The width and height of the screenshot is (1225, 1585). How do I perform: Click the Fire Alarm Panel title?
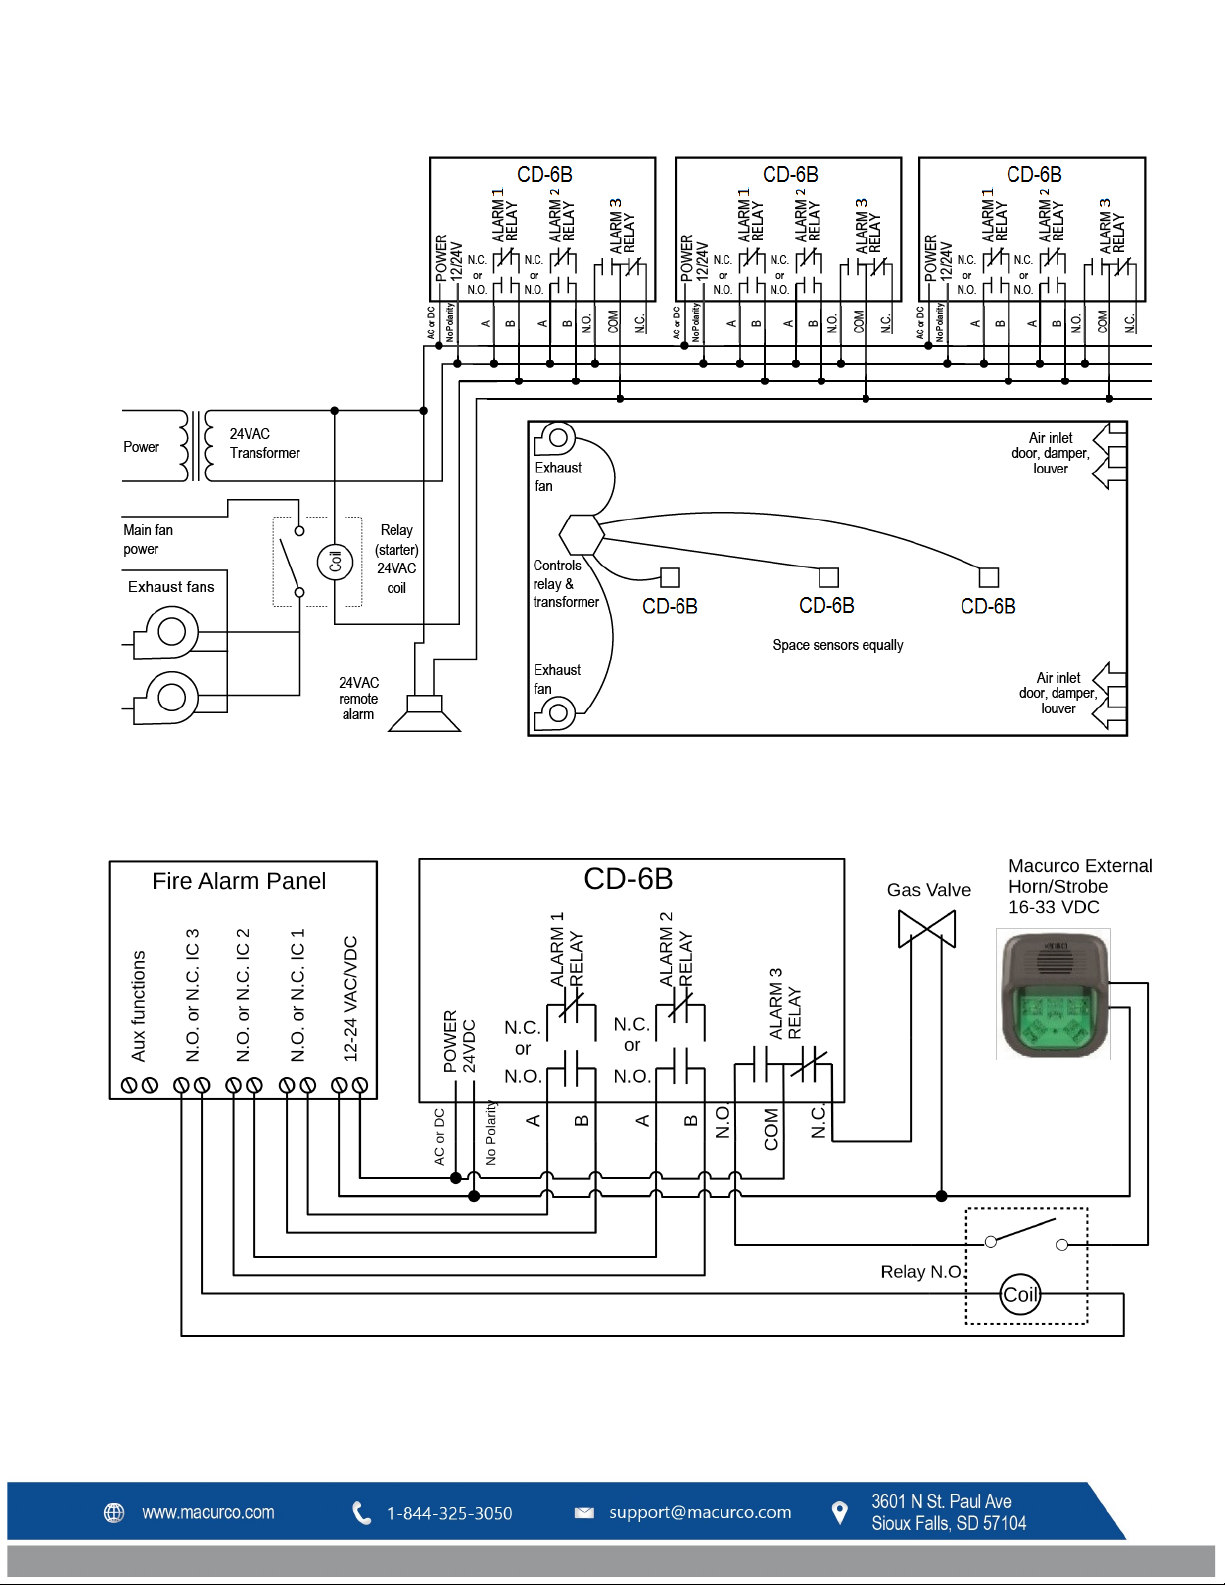pos(239,881)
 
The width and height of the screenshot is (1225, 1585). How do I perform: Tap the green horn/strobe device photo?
pos(1053,993)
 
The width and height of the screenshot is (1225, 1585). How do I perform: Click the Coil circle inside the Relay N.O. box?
pos(1020,1295)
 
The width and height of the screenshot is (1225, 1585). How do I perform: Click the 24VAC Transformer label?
pos(264,443)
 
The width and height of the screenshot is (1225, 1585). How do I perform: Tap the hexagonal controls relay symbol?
pos(581,535)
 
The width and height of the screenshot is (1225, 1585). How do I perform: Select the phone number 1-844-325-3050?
pos(449,1513)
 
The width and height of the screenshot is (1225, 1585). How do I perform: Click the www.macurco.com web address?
pos(208,1512)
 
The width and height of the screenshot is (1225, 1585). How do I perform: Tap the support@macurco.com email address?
pos(700,1512)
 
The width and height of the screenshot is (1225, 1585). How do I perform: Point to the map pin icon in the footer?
pos(840,1512)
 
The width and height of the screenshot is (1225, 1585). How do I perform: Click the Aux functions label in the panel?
pos(139,1005)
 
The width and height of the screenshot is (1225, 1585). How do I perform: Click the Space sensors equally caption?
pos(837,645)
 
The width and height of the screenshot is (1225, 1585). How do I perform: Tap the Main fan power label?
pos(148,539)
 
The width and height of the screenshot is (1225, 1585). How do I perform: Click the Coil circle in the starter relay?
pos(335,561)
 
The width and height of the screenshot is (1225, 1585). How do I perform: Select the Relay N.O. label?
pos(921,1272)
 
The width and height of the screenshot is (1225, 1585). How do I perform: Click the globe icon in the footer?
pos(115,1512)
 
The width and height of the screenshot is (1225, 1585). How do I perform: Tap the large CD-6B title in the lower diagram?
pos(628,879)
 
